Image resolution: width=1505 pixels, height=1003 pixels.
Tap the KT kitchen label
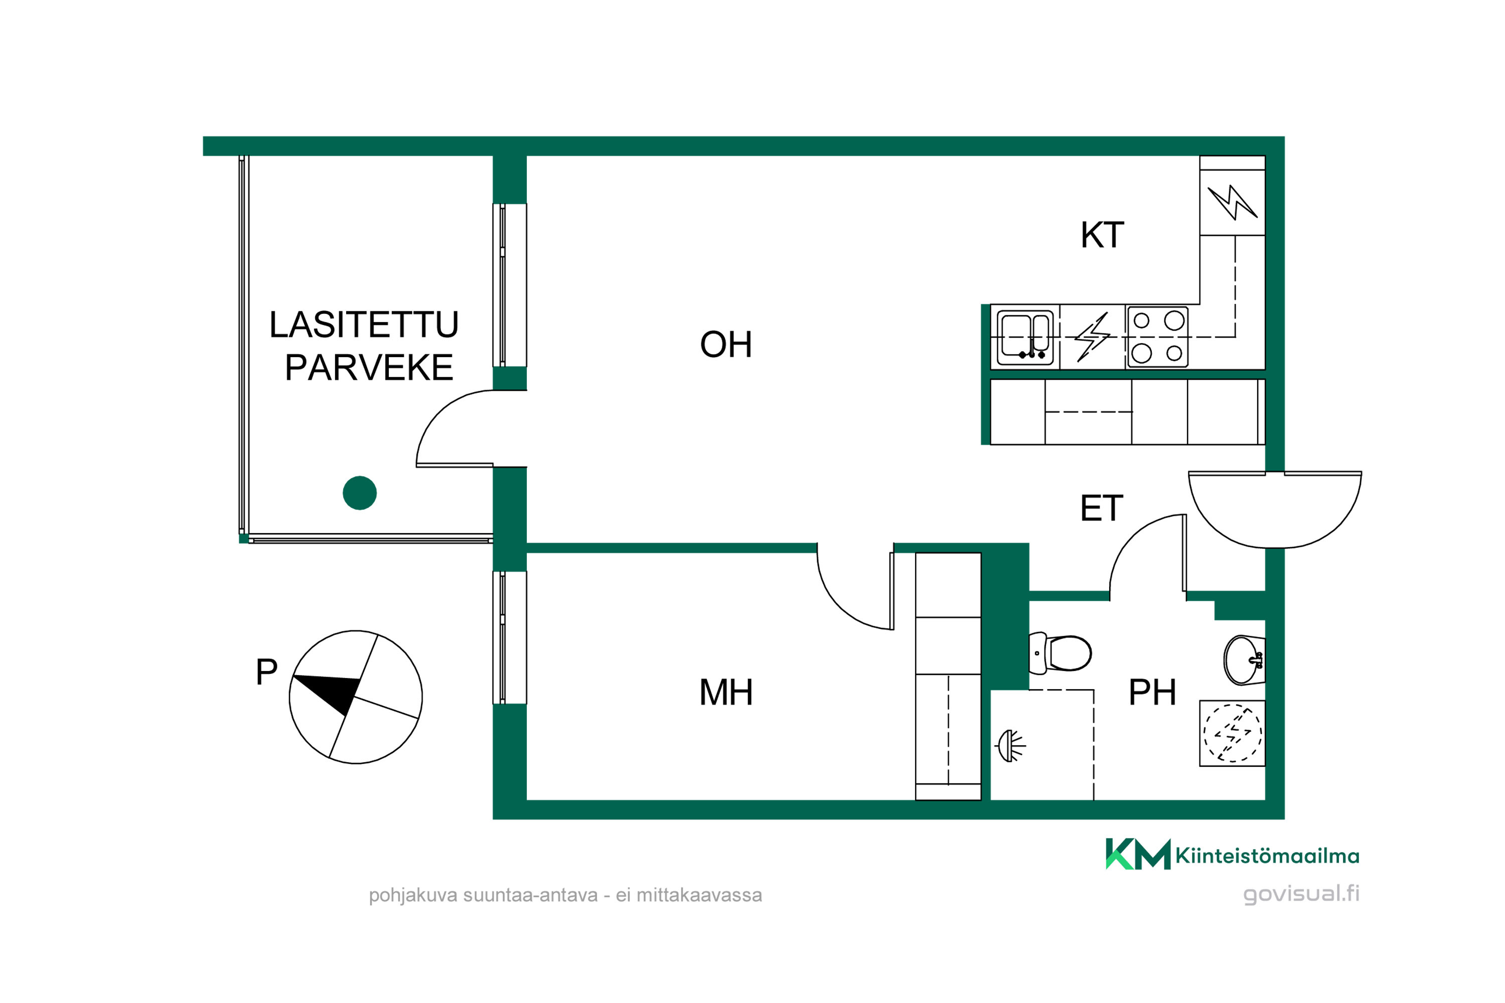1102,235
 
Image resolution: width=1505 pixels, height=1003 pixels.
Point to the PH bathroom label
1152,692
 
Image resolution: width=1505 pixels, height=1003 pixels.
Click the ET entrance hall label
1101,509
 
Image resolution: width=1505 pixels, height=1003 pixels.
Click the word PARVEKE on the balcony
369,367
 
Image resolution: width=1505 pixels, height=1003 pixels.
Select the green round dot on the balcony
360,492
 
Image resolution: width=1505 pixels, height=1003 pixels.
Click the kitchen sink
1025,337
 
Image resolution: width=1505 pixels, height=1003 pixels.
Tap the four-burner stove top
1157,337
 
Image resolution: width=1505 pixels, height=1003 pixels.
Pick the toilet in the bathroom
1059,653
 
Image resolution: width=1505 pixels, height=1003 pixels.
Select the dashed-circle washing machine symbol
1233,733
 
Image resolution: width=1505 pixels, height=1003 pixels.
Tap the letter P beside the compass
266,672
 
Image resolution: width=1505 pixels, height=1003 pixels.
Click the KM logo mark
1138,854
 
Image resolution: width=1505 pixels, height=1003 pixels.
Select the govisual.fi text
1301,893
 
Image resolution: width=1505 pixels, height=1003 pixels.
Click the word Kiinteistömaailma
1267,855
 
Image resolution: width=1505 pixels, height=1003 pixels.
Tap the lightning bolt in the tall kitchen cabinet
1232,203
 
